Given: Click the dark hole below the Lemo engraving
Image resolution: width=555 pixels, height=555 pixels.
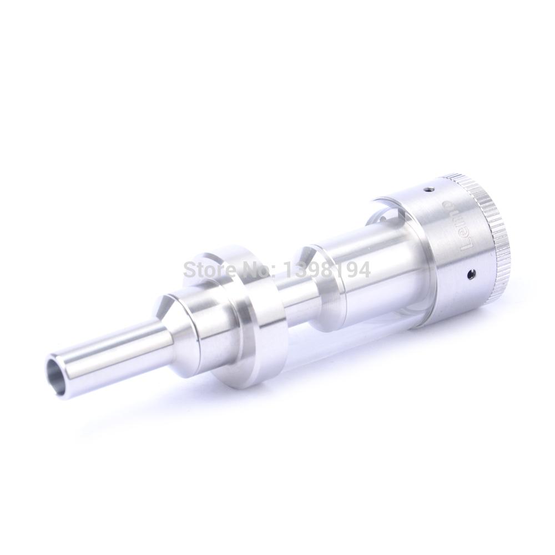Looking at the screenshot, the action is click(x=471, y=273).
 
